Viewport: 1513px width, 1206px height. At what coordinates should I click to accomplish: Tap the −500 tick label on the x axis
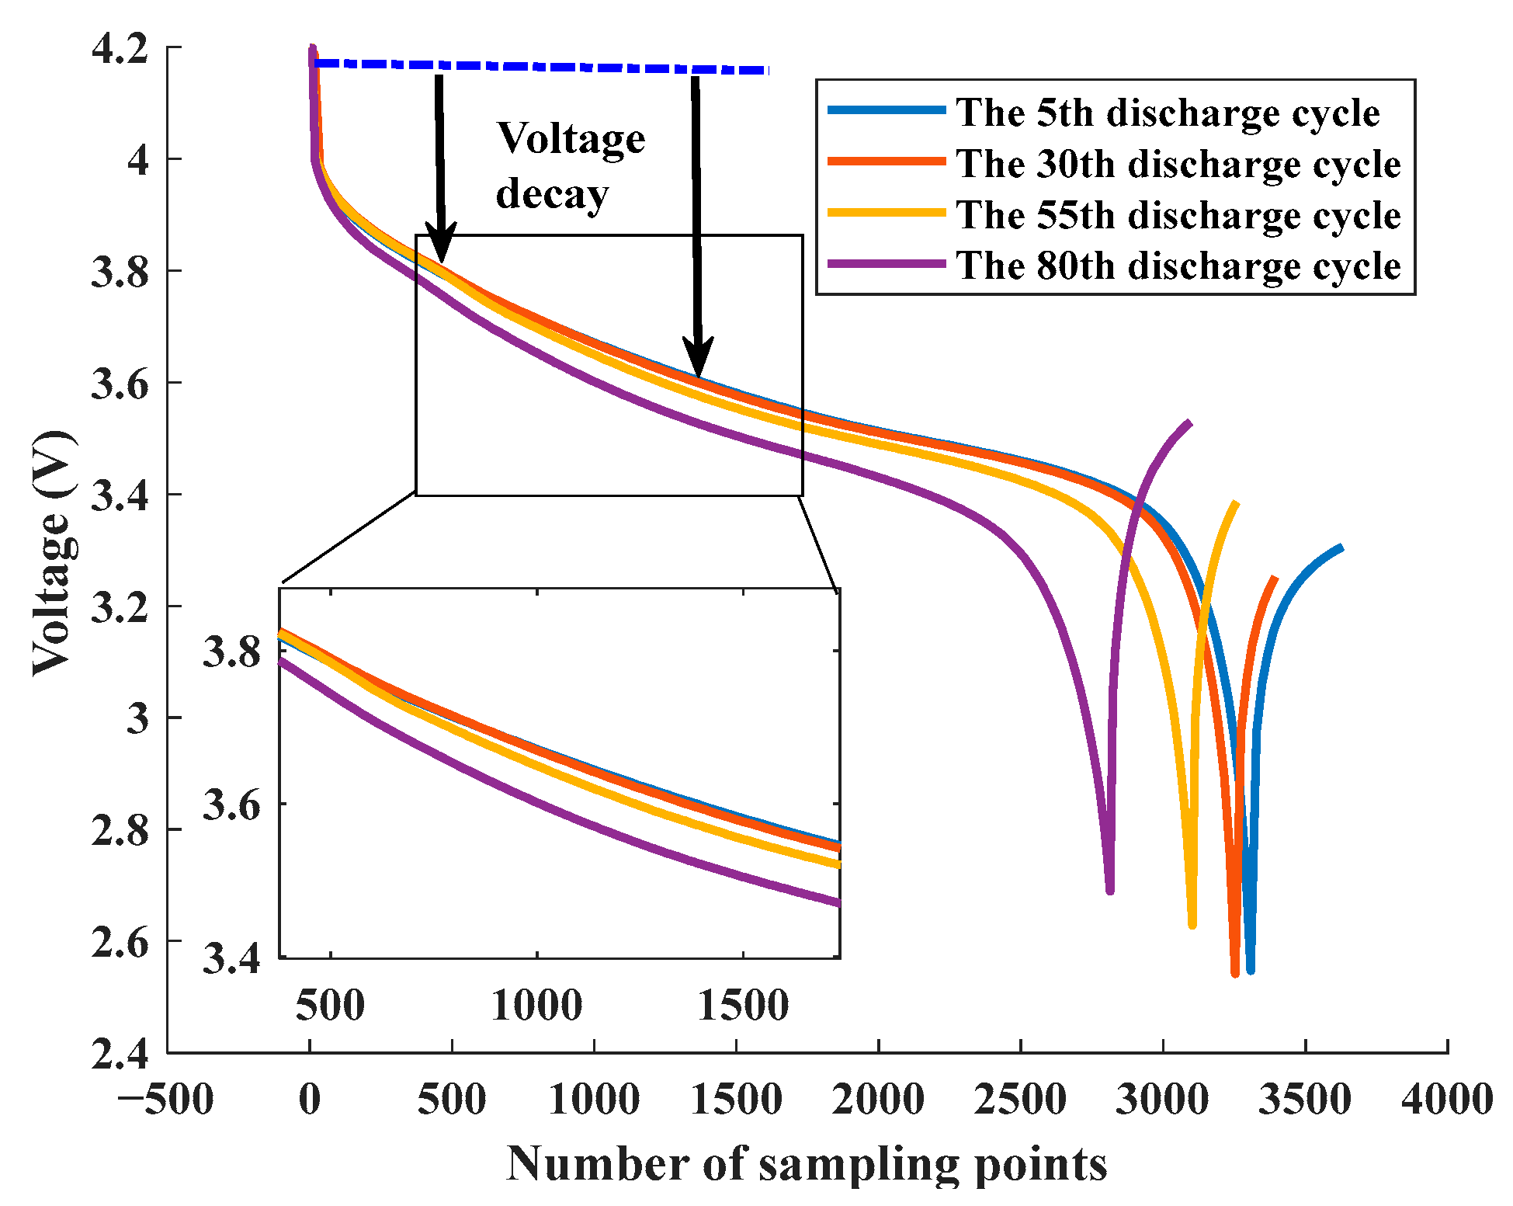(x=166, y=1100)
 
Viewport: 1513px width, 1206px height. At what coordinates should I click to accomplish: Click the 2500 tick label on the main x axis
(x=1020, y=1100)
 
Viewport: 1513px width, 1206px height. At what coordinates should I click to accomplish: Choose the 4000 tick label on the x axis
(x=1447, y=1100)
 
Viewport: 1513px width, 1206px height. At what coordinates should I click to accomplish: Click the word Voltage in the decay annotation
(x=571, y=140)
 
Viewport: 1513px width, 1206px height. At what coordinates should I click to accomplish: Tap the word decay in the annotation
(x=552, y=193)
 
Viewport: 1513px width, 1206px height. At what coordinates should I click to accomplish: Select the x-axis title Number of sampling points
(x=807, y=1164)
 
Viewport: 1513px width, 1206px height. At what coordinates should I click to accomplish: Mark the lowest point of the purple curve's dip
(x=1110, y=890)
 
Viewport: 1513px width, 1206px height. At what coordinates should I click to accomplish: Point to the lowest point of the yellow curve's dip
(x=1192, y=924)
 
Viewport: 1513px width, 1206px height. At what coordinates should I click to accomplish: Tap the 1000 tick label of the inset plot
(x=536, y=1006)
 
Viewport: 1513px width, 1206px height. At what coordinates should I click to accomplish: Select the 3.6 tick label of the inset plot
(x=231, y=805)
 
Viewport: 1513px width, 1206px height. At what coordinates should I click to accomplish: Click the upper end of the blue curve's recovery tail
(x=1341, y=548)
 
